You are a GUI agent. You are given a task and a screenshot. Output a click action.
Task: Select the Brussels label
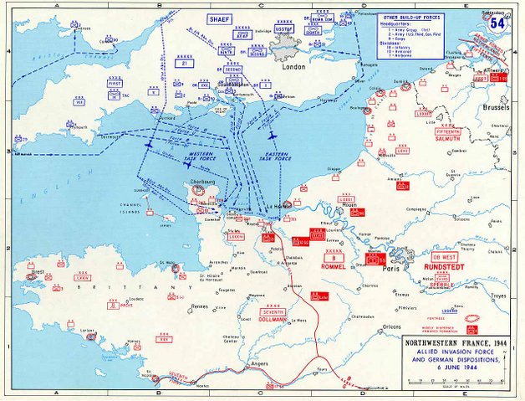tap(494, 109)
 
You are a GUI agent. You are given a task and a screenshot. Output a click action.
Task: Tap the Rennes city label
tap(199, 307)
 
